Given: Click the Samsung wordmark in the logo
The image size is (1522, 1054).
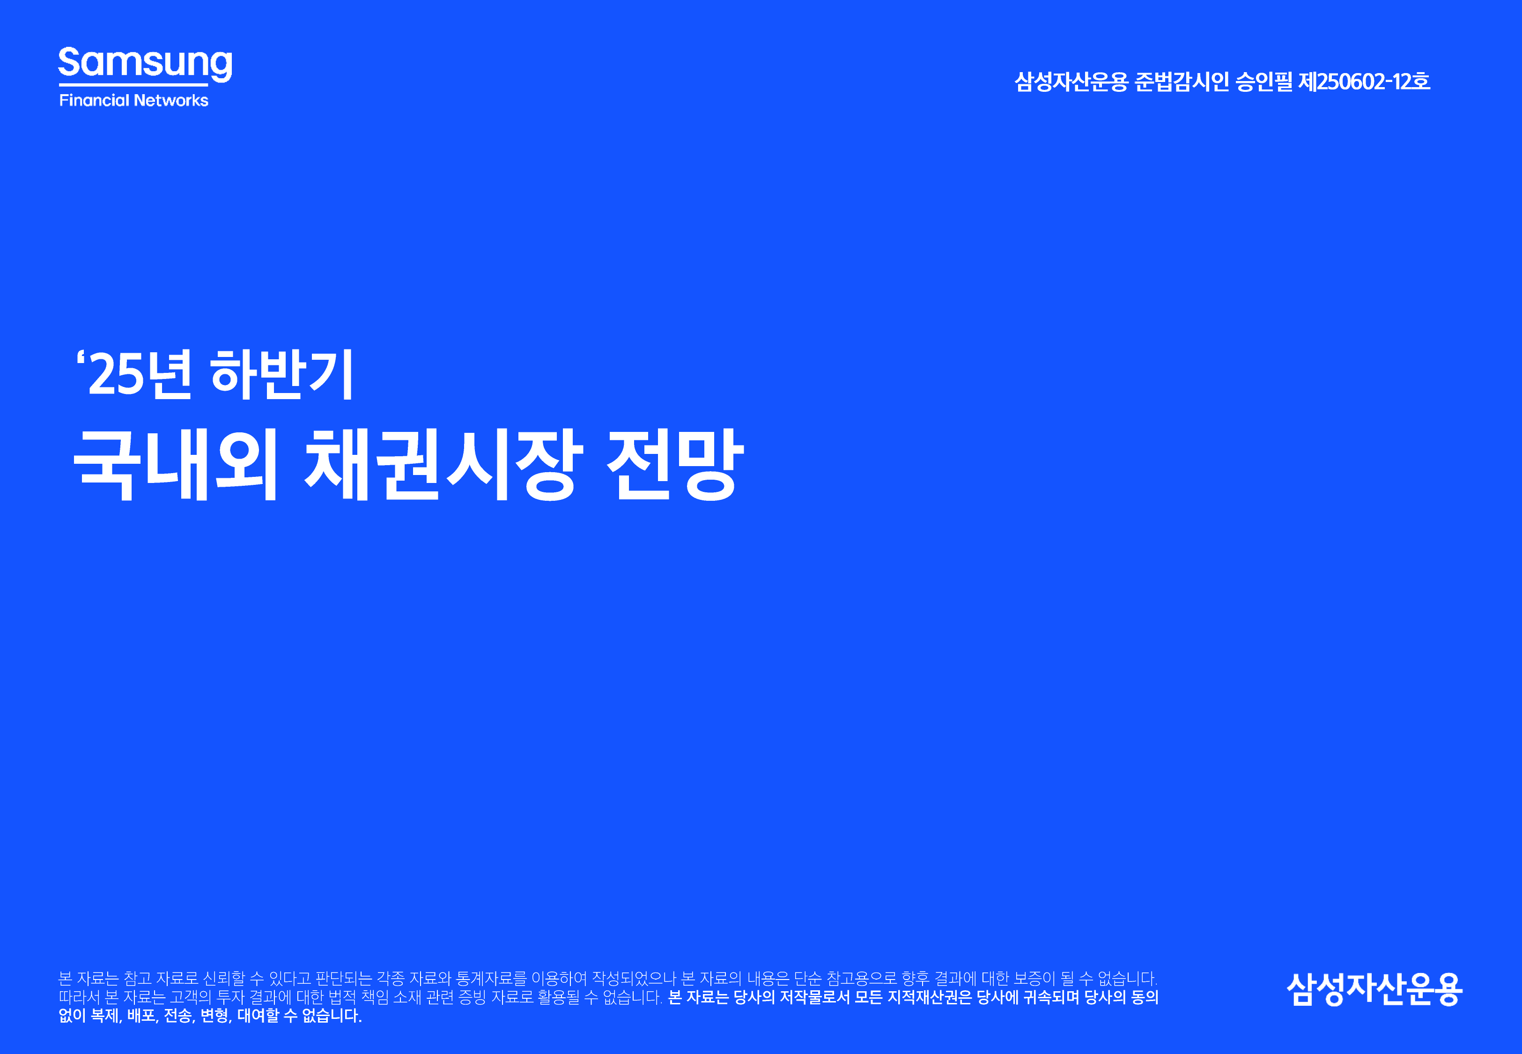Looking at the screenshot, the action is coord(145,63).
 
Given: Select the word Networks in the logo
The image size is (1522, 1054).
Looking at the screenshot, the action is coord(171,100).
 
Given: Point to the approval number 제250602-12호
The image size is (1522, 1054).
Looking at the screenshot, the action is coord(1364,81).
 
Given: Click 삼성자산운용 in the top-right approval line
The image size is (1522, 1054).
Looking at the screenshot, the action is coord(1071,81).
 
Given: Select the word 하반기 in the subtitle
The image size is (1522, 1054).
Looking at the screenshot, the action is coord(282,374).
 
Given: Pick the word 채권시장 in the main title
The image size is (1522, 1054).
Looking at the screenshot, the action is coord(443,464).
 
